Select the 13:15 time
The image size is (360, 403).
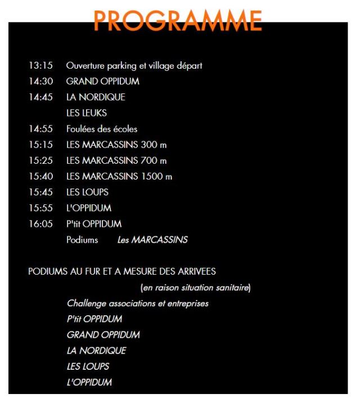40,65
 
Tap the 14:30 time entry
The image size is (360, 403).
40,81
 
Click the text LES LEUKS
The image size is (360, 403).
87,113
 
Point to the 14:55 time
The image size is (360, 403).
40,129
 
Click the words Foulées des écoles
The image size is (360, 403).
102,129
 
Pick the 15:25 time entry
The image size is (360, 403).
40,160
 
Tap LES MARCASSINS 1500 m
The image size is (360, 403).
119,176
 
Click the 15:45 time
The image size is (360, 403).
40,192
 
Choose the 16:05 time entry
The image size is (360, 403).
40,223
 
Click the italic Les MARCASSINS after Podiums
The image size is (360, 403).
152,240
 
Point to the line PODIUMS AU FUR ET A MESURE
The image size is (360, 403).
121,272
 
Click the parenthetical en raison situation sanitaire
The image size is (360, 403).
195,288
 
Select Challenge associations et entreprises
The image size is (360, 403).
138,303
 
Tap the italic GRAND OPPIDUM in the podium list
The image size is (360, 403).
103,335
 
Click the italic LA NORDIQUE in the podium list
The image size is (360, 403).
96,351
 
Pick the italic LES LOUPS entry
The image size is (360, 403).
88,366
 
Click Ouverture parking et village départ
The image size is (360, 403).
134,65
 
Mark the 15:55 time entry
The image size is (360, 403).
40,208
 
